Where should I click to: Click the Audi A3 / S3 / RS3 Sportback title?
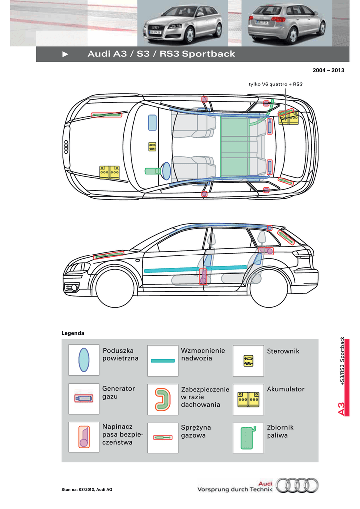pos(161,54)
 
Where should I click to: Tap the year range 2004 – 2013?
pos(328,70)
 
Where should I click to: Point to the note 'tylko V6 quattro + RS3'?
pos(275,85)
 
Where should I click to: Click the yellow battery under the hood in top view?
pos(110,172)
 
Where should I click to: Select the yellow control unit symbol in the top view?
pos(152,147)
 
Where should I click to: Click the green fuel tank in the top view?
pos(234,147)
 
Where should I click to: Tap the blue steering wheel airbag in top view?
pos(166,171)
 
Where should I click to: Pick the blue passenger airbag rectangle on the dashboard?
pos(152,123)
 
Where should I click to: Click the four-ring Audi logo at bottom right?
pos(297,485)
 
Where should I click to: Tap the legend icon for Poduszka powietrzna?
pos(84,360)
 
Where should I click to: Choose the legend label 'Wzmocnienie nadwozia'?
pos(203,354)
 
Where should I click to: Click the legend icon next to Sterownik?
pos(248,361)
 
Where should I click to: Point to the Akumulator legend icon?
pos(248,399)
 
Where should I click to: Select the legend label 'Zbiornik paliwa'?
pos(280,431)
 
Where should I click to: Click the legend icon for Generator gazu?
pos(84,399)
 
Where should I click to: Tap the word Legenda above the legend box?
pos(73,333)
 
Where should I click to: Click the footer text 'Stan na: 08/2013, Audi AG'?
pos(87,490)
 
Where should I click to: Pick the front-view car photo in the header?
pos(183,23)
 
